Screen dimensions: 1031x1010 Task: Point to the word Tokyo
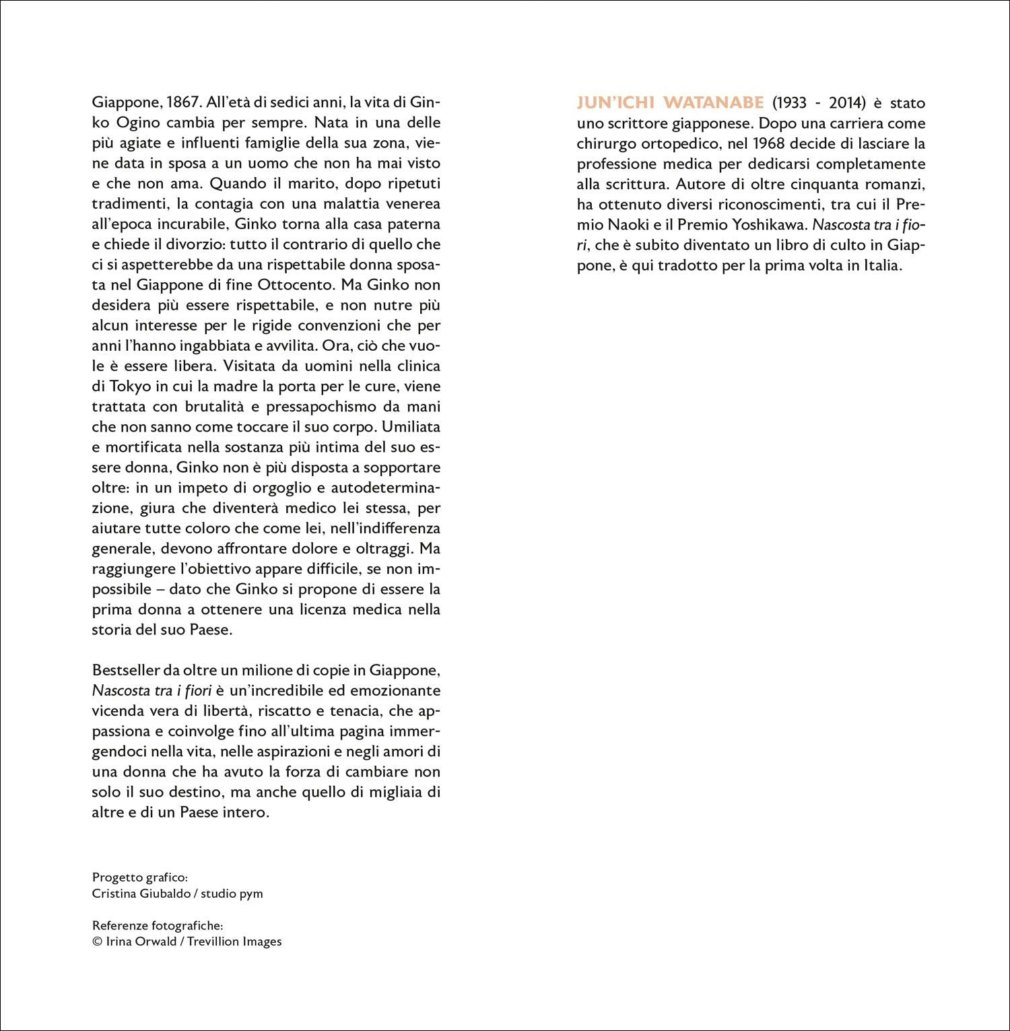[x=126, y=387]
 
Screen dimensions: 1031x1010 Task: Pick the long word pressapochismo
[x=321, y=407]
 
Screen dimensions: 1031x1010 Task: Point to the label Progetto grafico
[x=139, y=877]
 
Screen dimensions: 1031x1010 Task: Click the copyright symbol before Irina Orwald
[x=96, y=941]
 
